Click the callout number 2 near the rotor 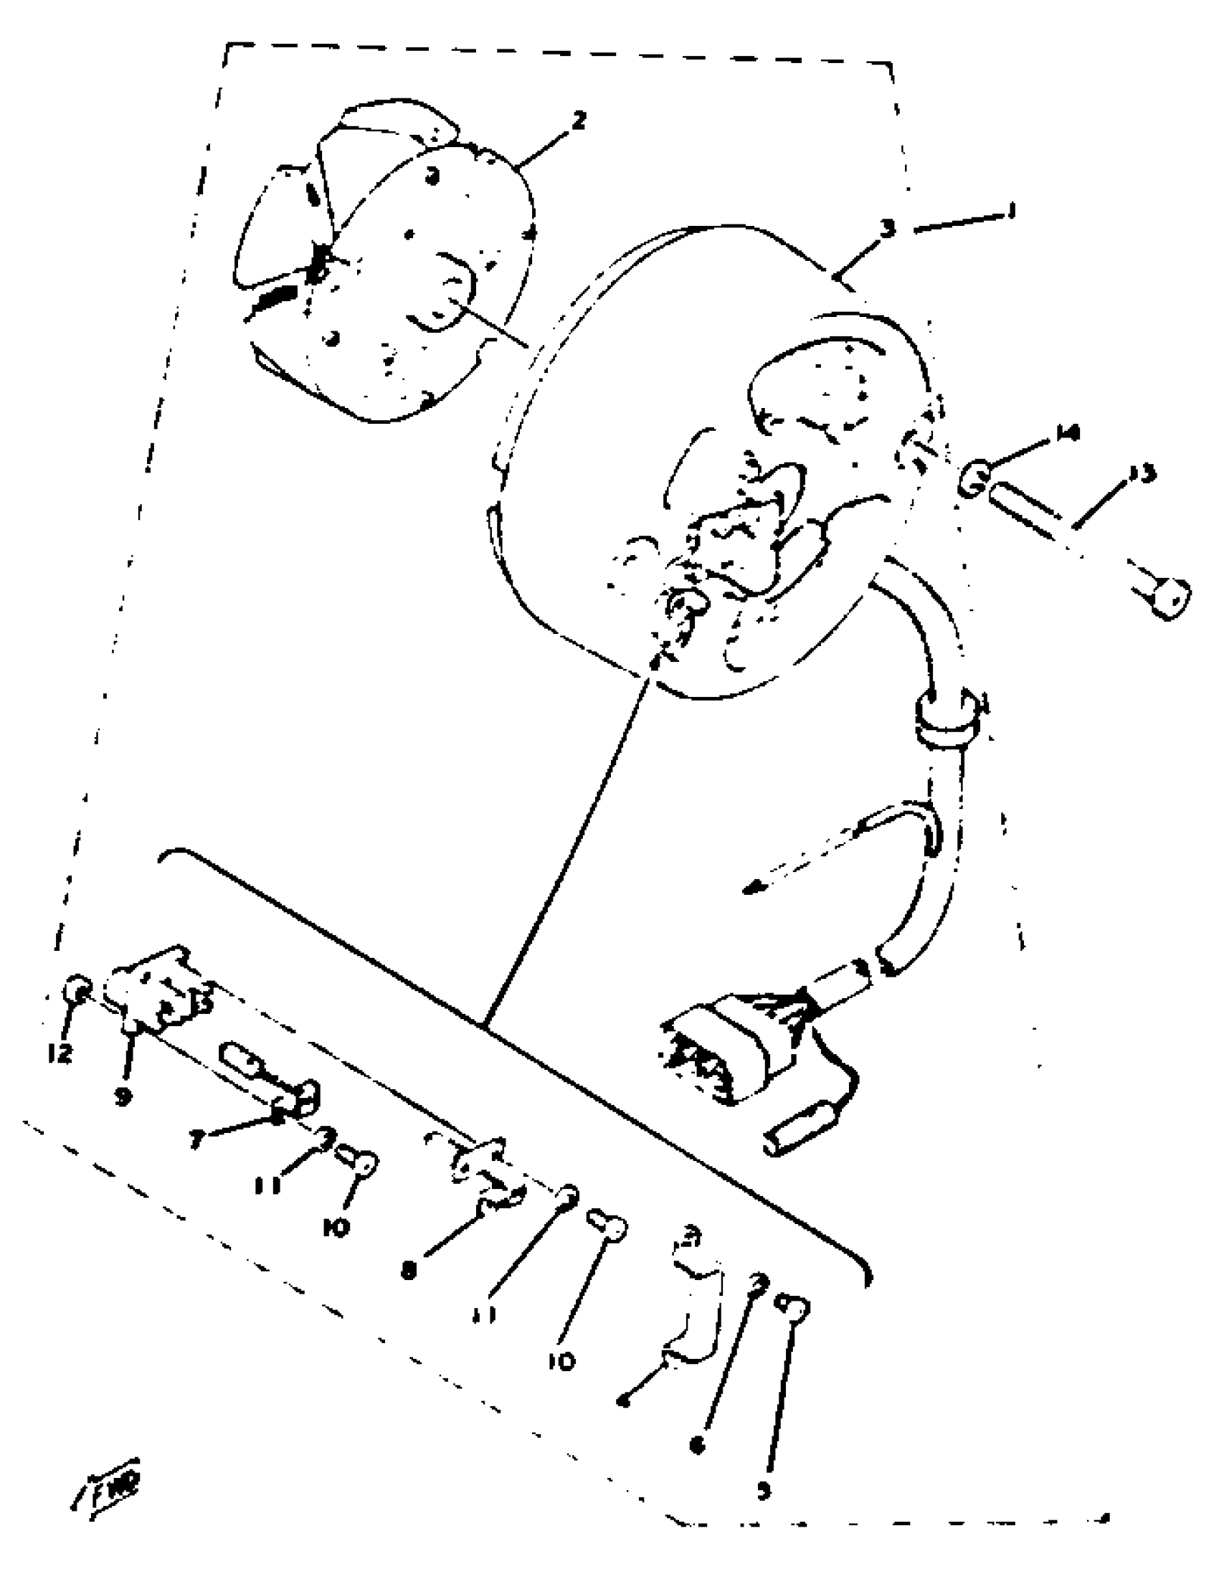(x=579, y=120)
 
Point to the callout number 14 (x=1068, y=434)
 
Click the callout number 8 (x=409, y=1271)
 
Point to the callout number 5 (x=764, y=1490)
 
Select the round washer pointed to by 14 (x=974, y=478)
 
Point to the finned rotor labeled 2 (x=381, y=266)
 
